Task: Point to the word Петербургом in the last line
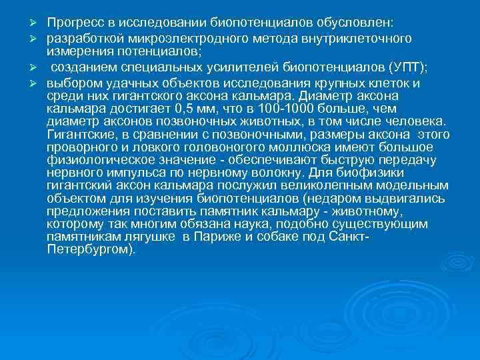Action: pos(90,251)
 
